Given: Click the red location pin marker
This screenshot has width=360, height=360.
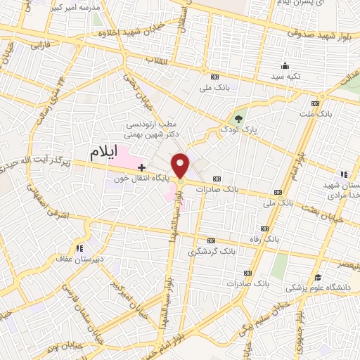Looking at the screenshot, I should click(181, 166).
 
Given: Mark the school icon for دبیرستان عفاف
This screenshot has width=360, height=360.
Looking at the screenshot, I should click(79, 248).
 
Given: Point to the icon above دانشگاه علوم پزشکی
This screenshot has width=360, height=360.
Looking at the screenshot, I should click(318, 277).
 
